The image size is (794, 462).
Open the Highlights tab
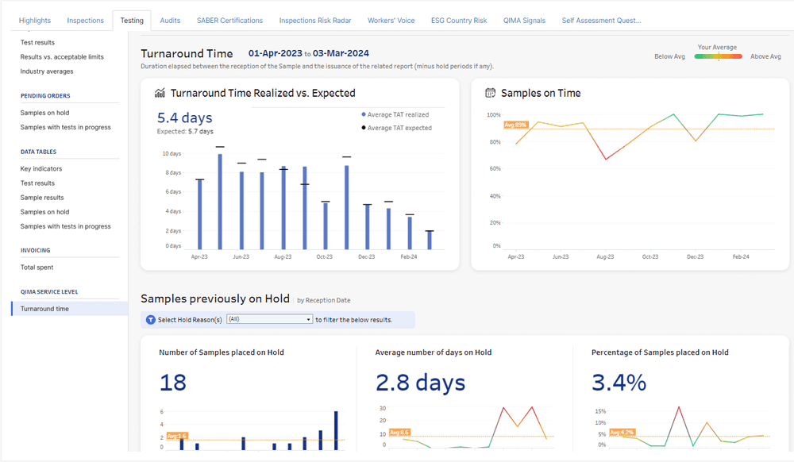click(x=34, y=21)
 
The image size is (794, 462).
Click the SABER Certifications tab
click(x=229, y=21)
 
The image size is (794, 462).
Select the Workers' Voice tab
click(x=391, y=21)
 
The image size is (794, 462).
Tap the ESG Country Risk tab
click(x=459, y=21)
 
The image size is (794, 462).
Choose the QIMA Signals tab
click(x=524, y=21)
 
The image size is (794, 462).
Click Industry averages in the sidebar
click(x=47, y=71)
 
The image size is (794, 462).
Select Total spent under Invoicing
click(x=37, y=268)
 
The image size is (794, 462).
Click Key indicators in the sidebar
click(x=41, y=169)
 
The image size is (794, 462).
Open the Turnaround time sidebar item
click(x=44, y=309)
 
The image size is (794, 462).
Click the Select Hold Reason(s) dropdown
click(x=269, y=319)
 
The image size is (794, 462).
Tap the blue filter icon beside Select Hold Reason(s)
click(x=151, y=319)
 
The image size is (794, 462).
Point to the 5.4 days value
click(x=184, y=118)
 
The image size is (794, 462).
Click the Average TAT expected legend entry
click(x=399, y=128)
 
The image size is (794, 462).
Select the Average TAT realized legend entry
click(x=397, y=114)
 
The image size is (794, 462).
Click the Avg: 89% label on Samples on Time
click(x=515, y=125)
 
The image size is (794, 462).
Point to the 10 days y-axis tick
click(x=172, y=153)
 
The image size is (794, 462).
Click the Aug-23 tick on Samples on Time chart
click(x=605, y=257)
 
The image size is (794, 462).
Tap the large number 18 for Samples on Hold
click(x=172, y=383)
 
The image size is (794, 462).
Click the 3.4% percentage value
click(x=619, y=383)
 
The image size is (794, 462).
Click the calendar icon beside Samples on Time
click(x=491, y=93)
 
